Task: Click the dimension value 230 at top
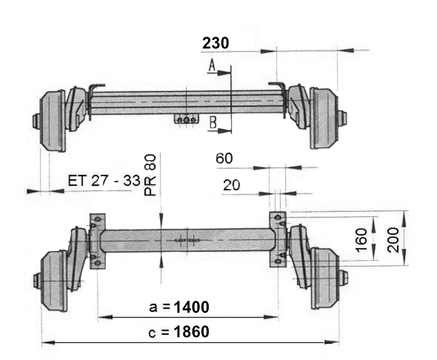215,43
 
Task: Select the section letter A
211,66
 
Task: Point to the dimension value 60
224,159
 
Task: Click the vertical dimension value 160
362,240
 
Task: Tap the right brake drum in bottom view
324,278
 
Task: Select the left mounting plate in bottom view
97,240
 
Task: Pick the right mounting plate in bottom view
277,239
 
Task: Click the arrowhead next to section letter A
225,72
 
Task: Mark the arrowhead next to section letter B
226,130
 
